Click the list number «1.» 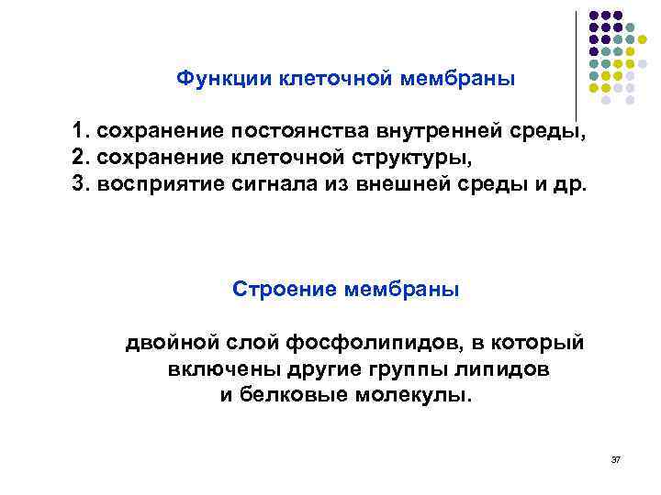pyautogui.click(x=82, y=132)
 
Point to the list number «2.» pyautogui.click(x=82, y=157)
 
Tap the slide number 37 pyautogui.click(x=616, y=457)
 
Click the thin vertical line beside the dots pyautogui.click(x=576, y=64)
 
